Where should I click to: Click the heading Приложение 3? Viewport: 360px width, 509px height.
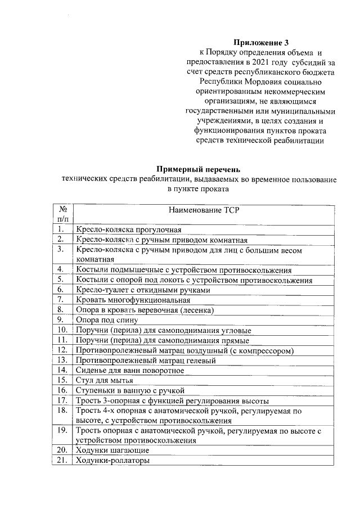click(256, 42)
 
